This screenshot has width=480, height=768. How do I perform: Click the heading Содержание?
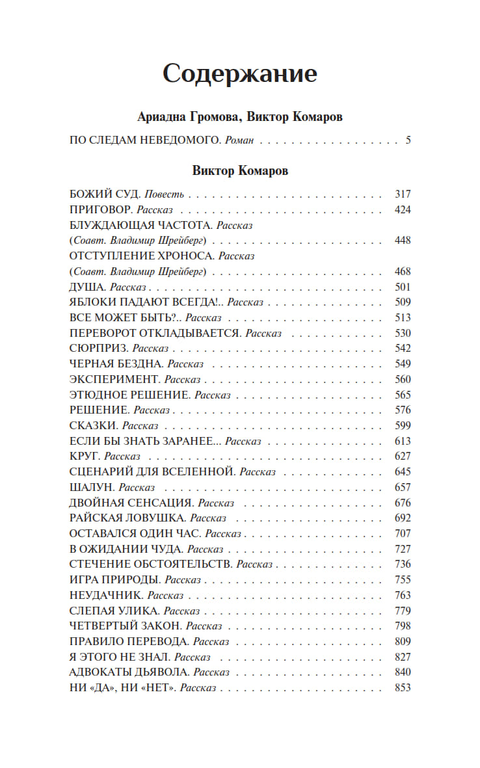239,74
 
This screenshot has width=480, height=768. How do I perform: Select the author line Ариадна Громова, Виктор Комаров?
240,117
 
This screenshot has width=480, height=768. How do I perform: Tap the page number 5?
408,140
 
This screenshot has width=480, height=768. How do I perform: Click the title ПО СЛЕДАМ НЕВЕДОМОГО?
142,140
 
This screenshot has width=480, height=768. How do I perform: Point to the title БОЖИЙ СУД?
103,194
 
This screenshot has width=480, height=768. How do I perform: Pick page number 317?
403,194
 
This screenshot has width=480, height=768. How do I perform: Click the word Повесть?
165,194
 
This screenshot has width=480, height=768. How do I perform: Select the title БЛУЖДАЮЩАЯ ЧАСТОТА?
140,225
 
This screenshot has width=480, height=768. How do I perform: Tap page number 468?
403,271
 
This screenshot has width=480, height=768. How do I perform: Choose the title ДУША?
87,287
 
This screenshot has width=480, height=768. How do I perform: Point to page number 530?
403,333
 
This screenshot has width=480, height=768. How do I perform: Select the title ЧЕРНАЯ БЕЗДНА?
115,364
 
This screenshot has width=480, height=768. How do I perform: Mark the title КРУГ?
85,457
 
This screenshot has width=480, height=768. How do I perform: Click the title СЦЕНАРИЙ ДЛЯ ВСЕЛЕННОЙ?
152,471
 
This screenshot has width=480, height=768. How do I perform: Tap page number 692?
403,518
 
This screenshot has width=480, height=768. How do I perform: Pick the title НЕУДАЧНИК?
105,595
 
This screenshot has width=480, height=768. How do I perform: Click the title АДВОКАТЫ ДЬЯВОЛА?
129,672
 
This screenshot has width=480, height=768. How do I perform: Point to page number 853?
403,687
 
